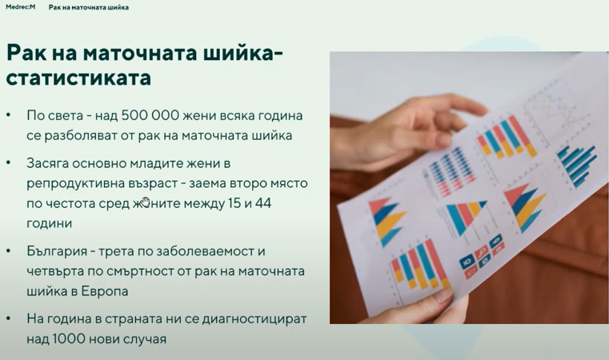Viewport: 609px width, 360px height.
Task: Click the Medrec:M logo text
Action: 21,7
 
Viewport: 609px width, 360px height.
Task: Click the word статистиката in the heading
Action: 78,78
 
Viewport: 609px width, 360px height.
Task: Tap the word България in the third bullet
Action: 57,251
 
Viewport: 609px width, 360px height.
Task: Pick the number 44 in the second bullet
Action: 263,203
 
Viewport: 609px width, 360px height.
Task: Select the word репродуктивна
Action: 76,184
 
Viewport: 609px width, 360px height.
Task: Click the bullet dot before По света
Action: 9,115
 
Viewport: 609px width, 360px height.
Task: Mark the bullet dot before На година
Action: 9,319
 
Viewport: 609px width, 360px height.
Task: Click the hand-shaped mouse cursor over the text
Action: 146,201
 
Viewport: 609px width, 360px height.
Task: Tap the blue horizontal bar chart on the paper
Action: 578,165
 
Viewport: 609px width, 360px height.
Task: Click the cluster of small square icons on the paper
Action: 482,255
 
